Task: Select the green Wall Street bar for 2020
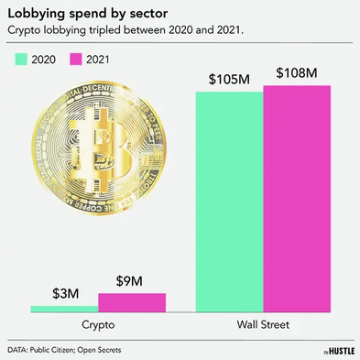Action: (230, 202)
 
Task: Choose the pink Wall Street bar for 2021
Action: (297, 200)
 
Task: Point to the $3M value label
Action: (63, 294)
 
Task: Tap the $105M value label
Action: (230, 78)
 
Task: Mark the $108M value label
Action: (297, 74)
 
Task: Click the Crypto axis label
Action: (97, 325)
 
